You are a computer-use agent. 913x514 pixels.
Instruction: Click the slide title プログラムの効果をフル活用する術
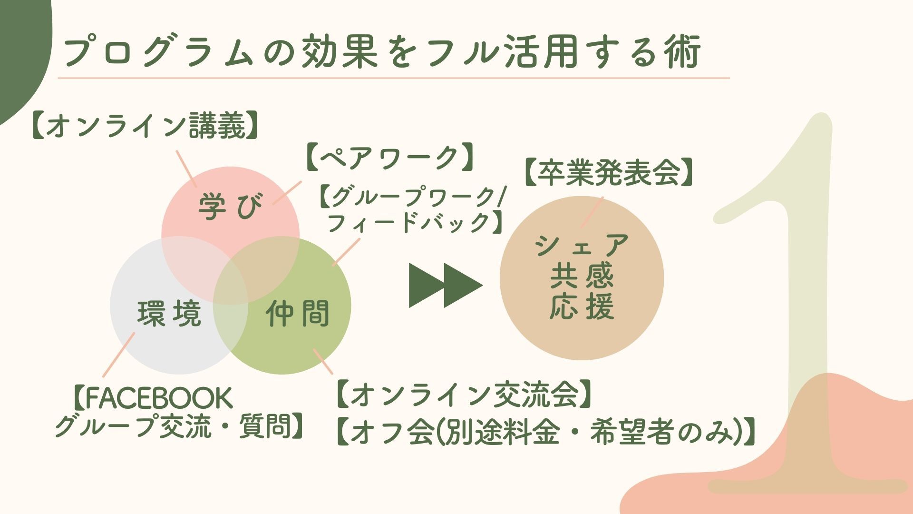(x=382, y=51)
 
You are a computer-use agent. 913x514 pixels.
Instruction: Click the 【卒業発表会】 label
(x=609, y=172)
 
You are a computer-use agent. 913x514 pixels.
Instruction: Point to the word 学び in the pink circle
(x=230, y=207)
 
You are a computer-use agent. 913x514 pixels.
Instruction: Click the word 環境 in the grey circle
(x=169, y=313)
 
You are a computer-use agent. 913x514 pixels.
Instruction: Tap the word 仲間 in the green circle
(x=298, y=313)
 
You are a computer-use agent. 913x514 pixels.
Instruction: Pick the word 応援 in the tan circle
(x=582, y=306)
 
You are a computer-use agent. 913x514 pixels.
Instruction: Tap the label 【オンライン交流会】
(x=464, y=395)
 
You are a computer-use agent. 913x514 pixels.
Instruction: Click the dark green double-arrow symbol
(x=445, y=286)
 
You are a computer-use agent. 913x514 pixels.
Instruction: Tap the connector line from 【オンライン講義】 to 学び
(x=186, y=169)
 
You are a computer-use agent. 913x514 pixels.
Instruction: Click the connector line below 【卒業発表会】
(x=592, y=213)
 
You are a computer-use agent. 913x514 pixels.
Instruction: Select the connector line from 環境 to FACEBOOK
(x=118, y=355)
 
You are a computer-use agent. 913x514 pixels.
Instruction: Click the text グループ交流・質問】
(x=180, y=426)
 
